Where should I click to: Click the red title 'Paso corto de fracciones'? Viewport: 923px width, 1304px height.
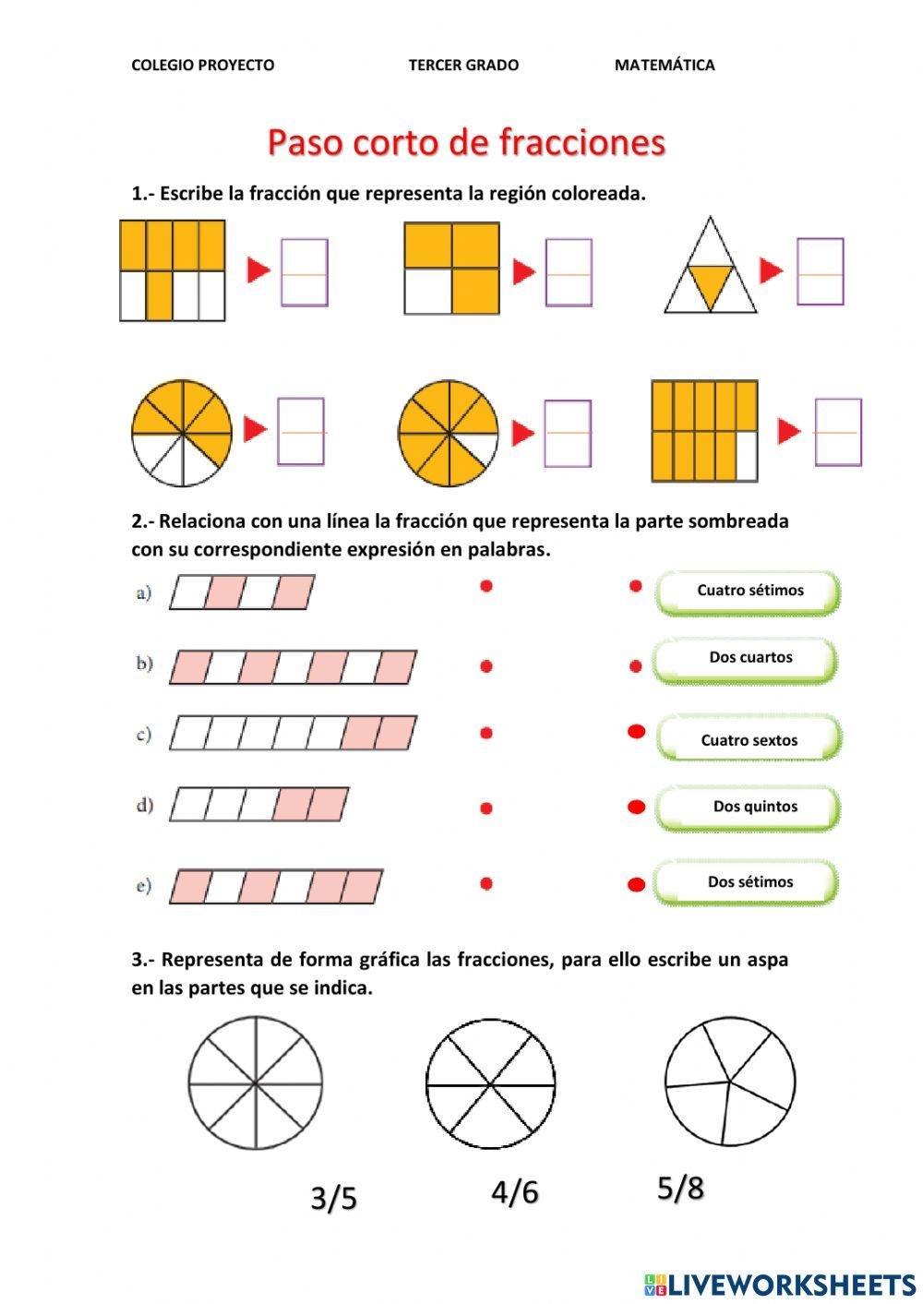pyautogui.click(x=466, y=143)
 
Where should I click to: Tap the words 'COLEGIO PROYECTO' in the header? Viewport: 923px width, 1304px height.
pyautogui.click(x=202, y=65)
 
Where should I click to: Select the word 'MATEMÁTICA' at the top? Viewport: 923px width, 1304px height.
pyautogui.click(x=664, y=65)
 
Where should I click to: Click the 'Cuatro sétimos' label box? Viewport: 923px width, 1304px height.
pyautogui.click(x=749, y=591)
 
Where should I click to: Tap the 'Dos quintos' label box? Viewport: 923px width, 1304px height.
pyautogui.click(x=749, y=807)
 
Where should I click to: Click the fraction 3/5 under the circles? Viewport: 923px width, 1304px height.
pyautogui.click(x=333, y=1198)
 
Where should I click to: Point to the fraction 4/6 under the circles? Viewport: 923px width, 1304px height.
pyautogui.click(x=514, y=1191)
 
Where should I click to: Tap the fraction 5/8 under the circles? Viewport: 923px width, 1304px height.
pyautogui.click(x=680, y=1188)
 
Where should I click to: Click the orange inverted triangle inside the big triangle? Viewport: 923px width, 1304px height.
pyautogui.click(x=710, y=283)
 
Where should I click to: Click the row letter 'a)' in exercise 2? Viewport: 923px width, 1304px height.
pyautogui.click(x=144, y=592)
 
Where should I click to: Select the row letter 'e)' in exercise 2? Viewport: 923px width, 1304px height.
pyautogui.click(x=144, y=886)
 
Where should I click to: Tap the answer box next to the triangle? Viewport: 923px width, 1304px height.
pyautogui.click(x=820, y=271)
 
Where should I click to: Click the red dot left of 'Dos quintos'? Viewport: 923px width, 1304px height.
pyautogui.click(x=636, y=808)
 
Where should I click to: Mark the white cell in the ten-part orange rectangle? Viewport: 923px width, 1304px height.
pyautogui.click(x=746, y=456)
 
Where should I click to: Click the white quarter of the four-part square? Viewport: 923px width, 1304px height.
pyautogui.click(x=427, y=292)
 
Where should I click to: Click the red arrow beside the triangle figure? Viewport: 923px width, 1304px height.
pyautogui.click(x=770, y=270)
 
